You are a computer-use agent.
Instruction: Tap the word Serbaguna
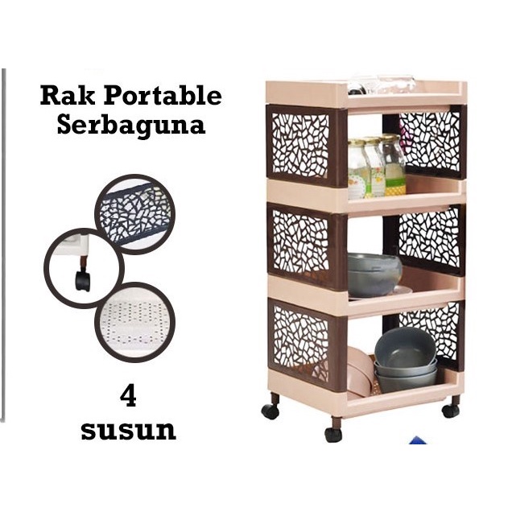tap(130, 126)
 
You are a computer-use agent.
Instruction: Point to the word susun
tap(127, 430)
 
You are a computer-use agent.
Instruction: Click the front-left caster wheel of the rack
tap(270, 410)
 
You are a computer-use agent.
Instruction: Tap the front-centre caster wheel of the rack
tap(332, 433)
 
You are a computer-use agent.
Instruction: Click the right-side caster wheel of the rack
tap(451, 409)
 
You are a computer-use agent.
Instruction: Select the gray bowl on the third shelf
tap(374, 274)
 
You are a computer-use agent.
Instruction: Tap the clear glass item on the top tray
tap(382, 85)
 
